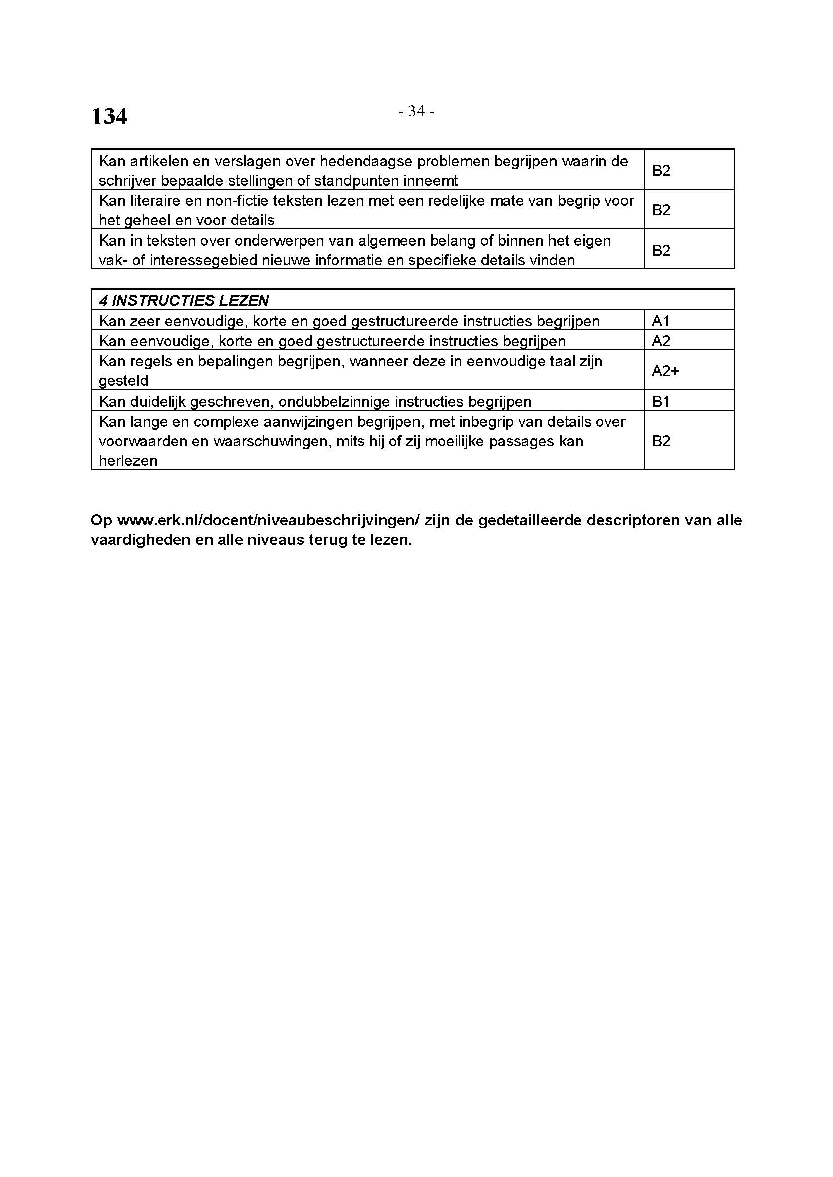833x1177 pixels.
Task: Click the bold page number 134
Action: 109,117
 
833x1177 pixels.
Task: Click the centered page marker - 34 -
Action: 416,111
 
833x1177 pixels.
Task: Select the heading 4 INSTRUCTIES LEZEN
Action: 184,300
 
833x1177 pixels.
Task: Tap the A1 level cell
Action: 661,321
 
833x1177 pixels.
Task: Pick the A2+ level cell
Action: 665,371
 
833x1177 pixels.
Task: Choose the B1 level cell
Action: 661,402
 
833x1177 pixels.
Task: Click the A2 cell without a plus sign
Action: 661,341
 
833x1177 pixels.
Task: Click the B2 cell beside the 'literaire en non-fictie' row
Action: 661,210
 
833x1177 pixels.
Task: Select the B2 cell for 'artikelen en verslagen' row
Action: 661,170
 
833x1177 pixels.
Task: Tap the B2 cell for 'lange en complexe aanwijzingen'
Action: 661,441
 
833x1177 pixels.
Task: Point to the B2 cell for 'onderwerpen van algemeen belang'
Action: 661,250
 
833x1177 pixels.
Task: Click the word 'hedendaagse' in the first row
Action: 365,162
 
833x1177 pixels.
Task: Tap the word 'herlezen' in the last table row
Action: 128,461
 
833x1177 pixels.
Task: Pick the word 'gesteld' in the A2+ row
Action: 123,381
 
